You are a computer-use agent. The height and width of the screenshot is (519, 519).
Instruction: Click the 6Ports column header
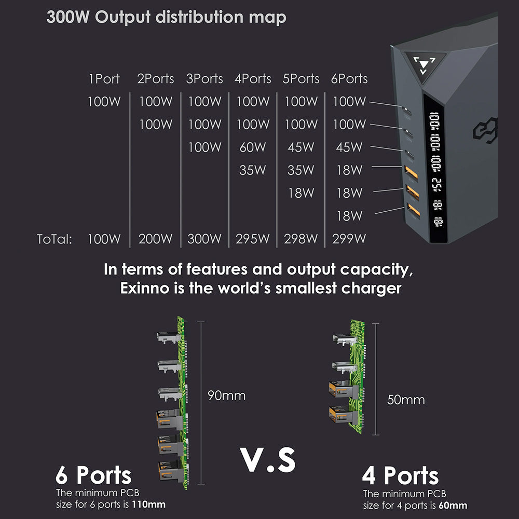click(x=349, y=79)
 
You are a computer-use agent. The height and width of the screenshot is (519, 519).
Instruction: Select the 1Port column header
click(x=104, y=79)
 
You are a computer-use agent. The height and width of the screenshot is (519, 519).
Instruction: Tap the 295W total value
click(x=253, y=239)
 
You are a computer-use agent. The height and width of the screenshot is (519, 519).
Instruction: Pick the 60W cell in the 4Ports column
click(x=253, y=147)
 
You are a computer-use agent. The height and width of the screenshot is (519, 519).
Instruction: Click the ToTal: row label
click(x=54, y=239)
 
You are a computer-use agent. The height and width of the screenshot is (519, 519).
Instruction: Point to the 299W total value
click(x=349, y=239)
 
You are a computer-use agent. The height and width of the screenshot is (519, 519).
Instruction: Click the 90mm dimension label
click(x=226, y=395)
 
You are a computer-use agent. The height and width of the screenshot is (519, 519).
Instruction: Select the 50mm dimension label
click(x=406, y=400)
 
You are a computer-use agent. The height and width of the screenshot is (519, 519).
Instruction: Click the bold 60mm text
click(x=453, y=506)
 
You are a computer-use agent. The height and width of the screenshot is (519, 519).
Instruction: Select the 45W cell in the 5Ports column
click(x=301, y=147)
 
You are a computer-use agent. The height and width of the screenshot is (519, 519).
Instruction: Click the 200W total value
click(x=156, y=239)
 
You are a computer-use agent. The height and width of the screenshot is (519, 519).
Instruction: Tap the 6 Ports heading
click(x=93, y=475)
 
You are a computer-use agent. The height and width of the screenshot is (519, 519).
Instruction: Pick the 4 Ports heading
click(x=401, y=476)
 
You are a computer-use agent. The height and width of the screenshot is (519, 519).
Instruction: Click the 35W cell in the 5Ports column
click(x=301, y=170)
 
